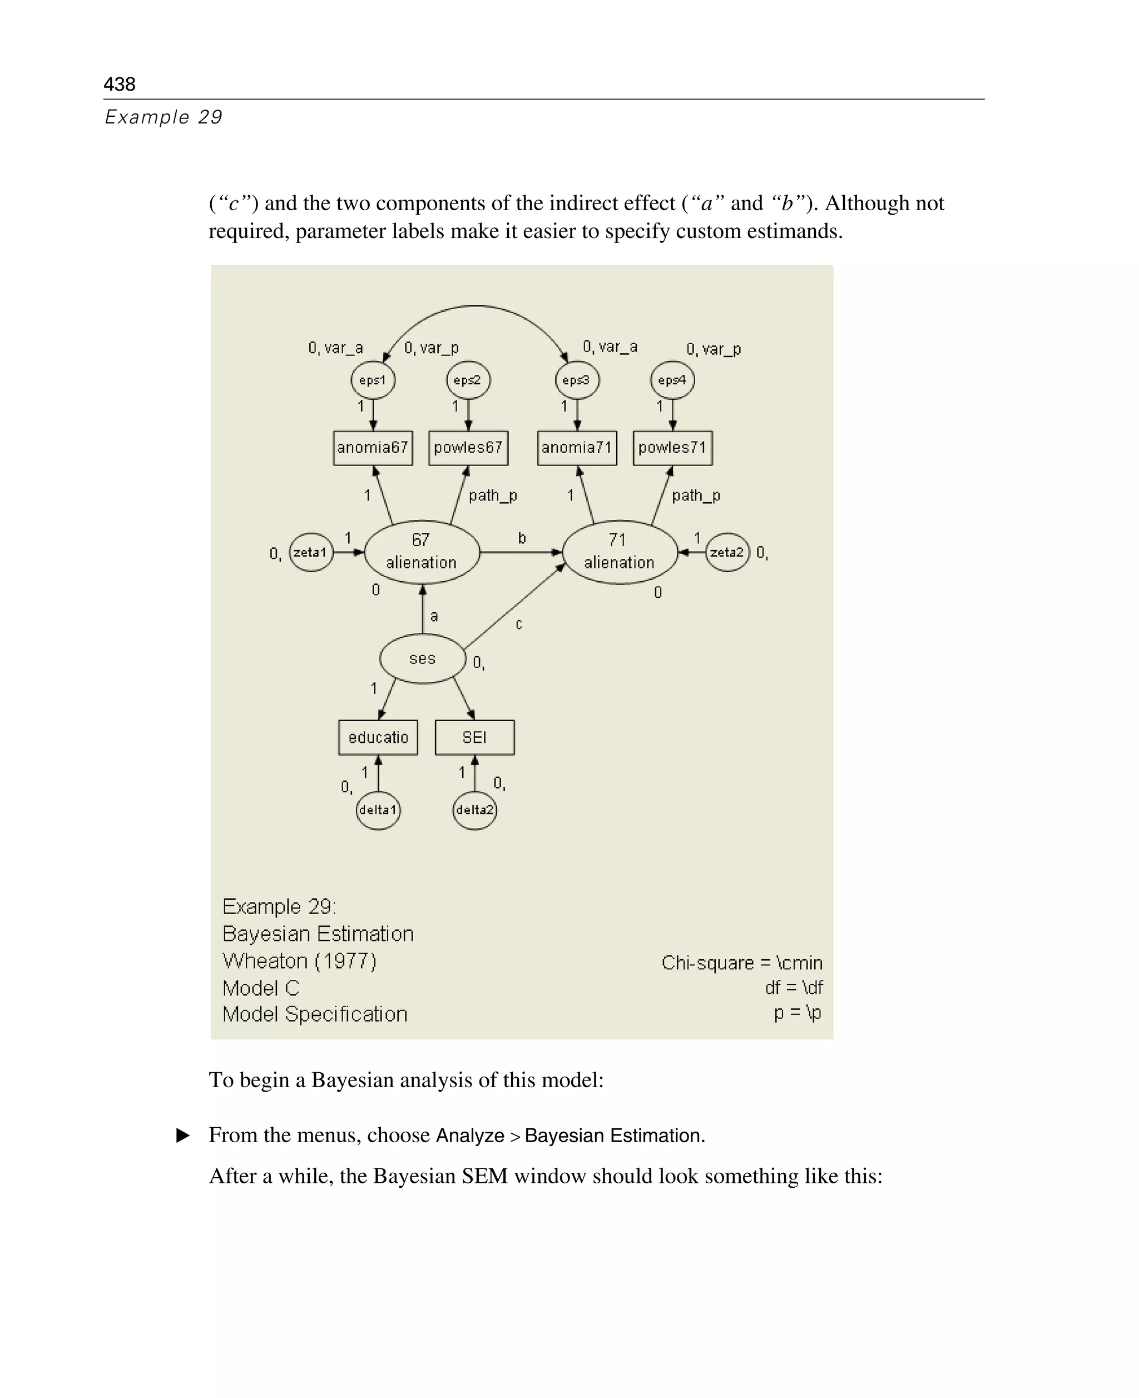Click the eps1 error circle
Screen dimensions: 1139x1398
point(373,380)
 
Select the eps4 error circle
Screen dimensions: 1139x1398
point(672,380)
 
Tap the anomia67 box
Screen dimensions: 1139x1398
point(373,448)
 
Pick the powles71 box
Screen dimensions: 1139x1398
point(672,448)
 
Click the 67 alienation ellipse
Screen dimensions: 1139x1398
point(421,552)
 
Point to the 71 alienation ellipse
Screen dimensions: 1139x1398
point(620,552)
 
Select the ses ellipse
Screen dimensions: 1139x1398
point(423,658)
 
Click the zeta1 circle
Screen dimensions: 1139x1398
point(310,552)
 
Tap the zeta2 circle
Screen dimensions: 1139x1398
point(727,552)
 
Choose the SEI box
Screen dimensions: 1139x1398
point(474,737)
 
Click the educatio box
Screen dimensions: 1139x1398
point(378,737)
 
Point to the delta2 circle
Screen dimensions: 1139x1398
point(474,810)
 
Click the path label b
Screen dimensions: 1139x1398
point(522,538)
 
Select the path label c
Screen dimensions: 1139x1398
point(518,624)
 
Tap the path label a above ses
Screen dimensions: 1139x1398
point(434,616)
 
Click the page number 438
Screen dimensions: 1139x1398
point(120,84)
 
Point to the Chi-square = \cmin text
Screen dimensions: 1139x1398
point(741,963)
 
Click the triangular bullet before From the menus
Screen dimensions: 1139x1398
point(183,1136)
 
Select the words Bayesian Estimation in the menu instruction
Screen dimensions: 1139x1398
point(614,1136)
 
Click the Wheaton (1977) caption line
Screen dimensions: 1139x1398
point(299,961)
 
